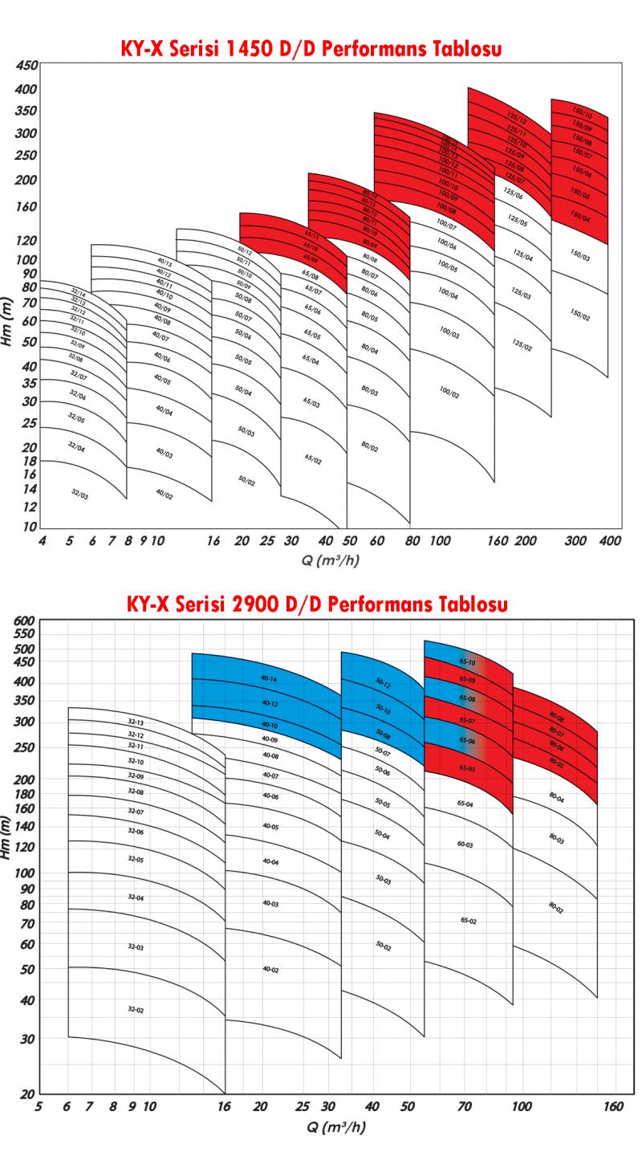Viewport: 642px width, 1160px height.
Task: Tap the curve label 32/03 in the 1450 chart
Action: (79, 495)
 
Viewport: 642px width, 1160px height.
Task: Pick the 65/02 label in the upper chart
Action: (313, 458)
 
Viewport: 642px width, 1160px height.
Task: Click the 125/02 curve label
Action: (522, 344)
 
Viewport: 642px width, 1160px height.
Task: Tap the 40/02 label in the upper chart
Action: (164, 495)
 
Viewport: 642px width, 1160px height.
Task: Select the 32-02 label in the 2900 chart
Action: (136, 1008)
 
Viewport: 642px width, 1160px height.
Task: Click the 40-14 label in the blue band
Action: (270, 679)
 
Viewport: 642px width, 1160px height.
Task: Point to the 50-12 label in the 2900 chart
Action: (383, 685)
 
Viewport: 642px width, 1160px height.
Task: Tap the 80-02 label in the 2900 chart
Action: (556, 907)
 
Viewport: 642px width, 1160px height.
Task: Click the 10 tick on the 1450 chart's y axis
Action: (30, 527)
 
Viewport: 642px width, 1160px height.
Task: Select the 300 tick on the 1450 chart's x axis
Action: (575, 541)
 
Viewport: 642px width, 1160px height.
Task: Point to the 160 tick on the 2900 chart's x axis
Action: (612, 1106)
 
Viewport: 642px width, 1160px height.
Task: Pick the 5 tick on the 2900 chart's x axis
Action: (39, 1106)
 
